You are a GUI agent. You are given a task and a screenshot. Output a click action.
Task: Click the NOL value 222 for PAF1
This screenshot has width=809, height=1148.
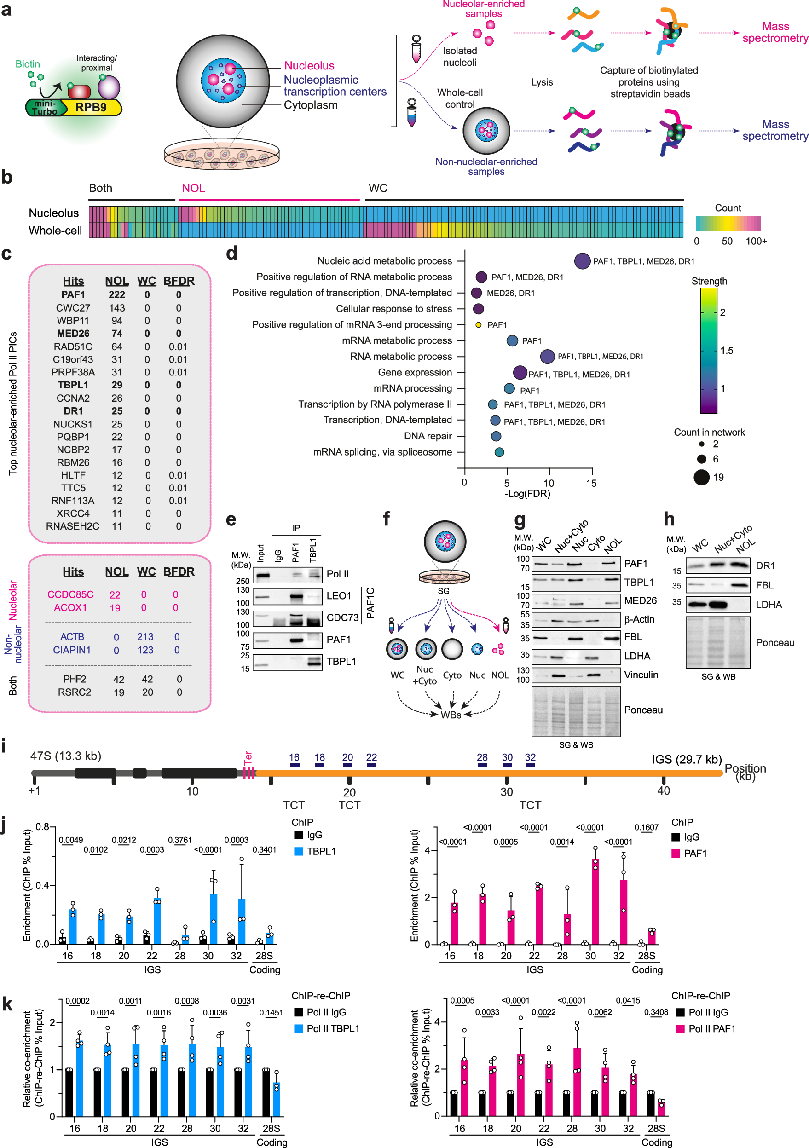(116, 294)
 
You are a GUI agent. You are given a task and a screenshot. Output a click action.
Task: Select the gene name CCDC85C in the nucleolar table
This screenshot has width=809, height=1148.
(70, 594)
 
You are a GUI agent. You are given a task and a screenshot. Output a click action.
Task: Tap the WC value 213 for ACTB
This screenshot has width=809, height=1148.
(145, 636)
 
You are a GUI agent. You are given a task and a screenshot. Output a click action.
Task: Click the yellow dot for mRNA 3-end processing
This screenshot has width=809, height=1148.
(478, 324)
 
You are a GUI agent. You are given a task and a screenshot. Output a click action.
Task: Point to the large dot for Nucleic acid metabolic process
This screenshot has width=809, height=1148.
(582, 260)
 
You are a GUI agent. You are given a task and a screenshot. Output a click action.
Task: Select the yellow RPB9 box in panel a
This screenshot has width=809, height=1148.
(91, 107)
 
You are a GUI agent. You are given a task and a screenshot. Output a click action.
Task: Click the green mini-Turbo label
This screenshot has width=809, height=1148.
(45, 108)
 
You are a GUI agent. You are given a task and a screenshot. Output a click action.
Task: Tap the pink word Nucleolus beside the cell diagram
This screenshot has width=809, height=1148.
(309, 65)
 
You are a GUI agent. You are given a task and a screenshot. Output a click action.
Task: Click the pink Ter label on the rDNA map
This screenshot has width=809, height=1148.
(248, 758)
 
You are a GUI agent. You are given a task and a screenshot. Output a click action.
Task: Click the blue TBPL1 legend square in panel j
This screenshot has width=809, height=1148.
(299, 851)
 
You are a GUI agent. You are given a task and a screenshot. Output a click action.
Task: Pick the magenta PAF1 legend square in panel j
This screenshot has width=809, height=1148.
(676, 853)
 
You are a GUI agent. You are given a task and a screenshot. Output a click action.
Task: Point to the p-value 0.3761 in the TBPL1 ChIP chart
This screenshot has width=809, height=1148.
(179, 840)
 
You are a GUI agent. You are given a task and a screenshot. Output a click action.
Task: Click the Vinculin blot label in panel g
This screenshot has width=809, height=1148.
(641, 675)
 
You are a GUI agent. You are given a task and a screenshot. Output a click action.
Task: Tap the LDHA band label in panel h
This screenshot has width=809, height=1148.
(769, 605)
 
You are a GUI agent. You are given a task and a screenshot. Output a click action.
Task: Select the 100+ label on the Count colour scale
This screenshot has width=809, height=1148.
(756, 241)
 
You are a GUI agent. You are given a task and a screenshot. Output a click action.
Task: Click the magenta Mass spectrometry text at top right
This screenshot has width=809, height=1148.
(775, 32)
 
